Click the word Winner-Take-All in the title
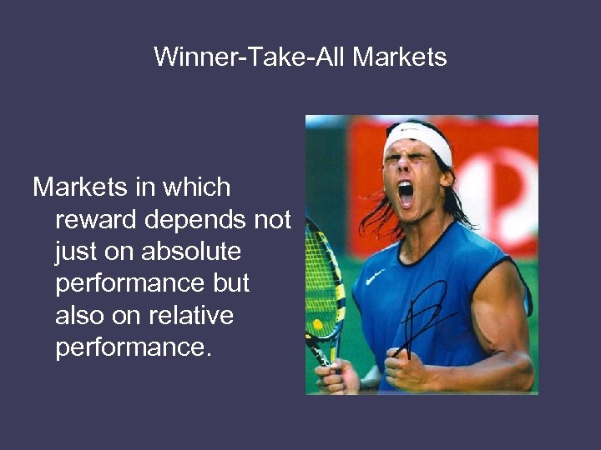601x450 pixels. (x=250, y=57)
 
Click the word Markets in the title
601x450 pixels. (x=400, y=57)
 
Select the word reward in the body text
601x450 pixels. (x=98, y=220)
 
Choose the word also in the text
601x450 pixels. (x=79, y=317)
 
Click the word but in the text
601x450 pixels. (x=230, y=284)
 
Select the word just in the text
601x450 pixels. (x=75, y=252)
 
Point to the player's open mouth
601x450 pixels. (x=407, y=193)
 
